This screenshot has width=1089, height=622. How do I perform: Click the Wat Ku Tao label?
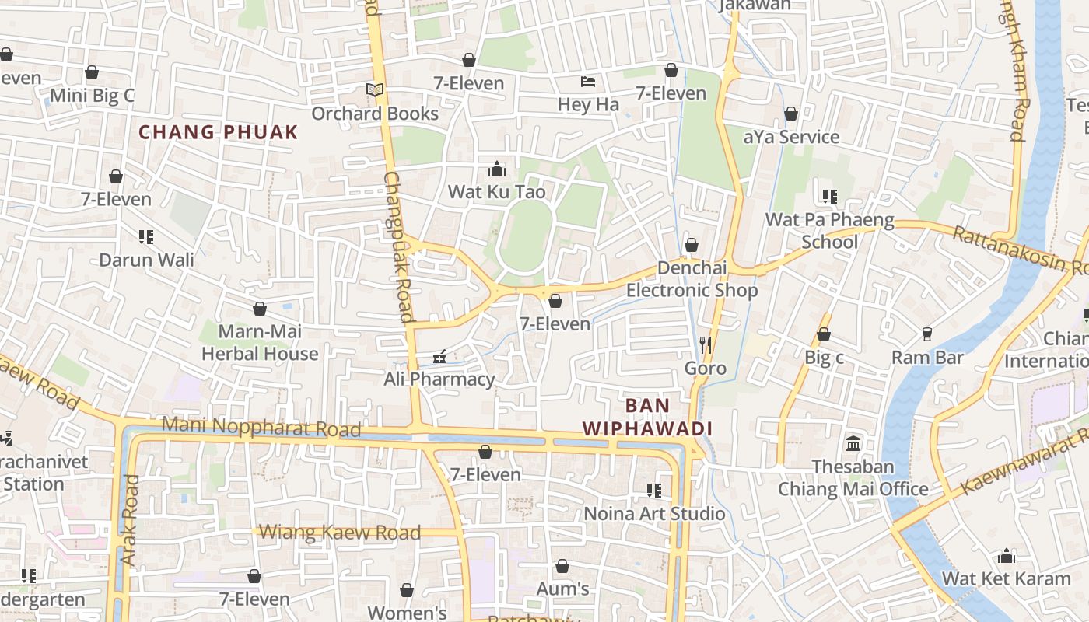pos(496,191)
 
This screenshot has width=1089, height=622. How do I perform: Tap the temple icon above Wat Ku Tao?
pos(496,169)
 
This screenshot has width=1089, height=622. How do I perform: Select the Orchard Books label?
pos(375,114)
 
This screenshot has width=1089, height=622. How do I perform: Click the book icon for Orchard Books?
pos(375,90)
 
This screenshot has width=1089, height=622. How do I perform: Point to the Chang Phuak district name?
pos(219,132)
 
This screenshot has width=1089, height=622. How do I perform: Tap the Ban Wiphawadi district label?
pos(647,417)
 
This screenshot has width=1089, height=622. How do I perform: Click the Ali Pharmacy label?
pos(439,379)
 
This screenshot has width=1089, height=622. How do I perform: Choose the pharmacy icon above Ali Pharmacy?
pos(439,357)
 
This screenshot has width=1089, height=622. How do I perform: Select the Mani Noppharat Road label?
pos(261,427)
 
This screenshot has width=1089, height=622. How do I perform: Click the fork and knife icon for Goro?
pos(706,344)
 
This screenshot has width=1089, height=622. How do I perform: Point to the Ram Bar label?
pos(927,358)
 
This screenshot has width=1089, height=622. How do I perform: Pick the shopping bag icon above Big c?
pos(824,335)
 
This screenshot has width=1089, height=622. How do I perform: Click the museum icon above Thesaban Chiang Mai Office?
pos(853,444)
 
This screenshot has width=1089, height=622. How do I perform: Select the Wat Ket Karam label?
pos(1007,579)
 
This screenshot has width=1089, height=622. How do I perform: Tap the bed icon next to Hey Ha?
pos(588,82)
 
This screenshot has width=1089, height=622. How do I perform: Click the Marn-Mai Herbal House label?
pos(260,343)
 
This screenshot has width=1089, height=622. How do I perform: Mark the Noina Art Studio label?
pos(654,514)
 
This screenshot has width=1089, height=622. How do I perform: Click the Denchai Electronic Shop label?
pos(692,279)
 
